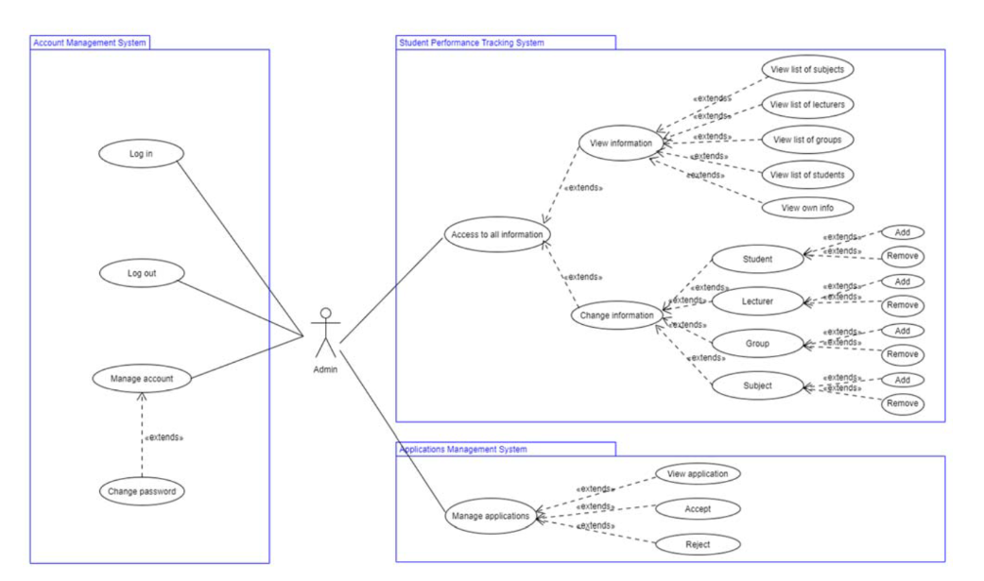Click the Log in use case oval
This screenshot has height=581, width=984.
[x=141, y=154]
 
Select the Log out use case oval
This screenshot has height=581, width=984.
[x=142, y=273]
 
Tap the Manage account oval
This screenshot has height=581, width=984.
[x=142, y=378]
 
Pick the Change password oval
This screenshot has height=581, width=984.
[x=142, y=491]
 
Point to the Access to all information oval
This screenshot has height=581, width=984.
[x=497, y=234]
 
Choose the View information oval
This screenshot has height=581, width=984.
[x=621, y=143]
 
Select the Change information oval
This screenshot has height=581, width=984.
[x=617, y=315]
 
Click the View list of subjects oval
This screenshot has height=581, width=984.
[x=807, y=70]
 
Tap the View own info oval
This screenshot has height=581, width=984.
[x=807, y=208]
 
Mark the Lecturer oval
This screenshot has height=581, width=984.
[x=757, y=301]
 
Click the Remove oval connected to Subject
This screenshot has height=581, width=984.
[x=903, y=403]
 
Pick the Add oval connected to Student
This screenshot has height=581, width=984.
[x=903, y=232]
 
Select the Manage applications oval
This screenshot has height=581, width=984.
[x=491, y=516]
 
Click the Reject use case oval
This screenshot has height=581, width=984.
[x=698, y=544]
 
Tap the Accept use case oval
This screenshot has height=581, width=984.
[x=698, y=509]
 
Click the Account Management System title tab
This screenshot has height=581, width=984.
[x=90, y=43]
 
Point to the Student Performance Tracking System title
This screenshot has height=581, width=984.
[x=472, y=43]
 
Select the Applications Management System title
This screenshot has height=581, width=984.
[x=463, y=450]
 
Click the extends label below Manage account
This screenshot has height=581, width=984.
[x=164, y=437]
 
